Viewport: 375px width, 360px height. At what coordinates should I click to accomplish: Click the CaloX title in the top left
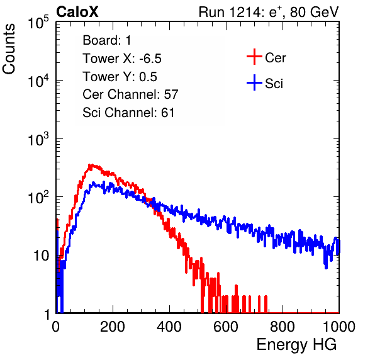coord(77,12)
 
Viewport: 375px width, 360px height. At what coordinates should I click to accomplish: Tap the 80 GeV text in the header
coord(314,12)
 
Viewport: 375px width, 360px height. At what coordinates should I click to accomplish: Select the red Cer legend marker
coord(254,57)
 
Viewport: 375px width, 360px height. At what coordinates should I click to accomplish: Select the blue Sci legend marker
coord(254,82)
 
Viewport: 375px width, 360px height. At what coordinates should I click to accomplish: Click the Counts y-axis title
coord(9,49)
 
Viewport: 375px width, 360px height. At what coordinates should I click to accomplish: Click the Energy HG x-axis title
coord(296,345)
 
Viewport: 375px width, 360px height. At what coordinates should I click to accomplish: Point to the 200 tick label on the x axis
coord(113,326)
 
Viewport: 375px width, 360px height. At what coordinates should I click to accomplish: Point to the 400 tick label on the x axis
coord(169,326)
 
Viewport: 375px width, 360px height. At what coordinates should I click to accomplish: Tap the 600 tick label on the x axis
coord(226,326)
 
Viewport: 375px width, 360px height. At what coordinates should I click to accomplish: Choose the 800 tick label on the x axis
coord(283,326)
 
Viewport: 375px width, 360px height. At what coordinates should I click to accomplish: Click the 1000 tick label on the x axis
coord(339,326)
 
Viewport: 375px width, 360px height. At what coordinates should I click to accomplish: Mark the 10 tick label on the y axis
coord(41,256)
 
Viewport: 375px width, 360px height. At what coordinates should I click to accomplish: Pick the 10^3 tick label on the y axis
coord(38,140)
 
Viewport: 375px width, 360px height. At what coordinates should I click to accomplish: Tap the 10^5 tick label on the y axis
coord(38,23)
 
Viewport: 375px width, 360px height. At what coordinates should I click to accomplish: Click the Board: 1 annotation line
coord(107,40)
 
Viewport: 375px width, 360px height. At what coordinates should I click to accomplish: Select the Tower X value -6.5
coord(150,59)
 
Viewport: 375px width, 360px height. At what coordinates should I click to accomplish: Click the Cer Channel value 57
coord(171,94)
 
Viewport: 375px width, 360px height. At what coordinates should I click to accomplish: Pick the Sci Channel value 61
coord(167,113)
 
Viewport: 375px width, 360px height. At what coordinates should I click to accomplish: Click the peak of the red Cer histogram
coord(91,165)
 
